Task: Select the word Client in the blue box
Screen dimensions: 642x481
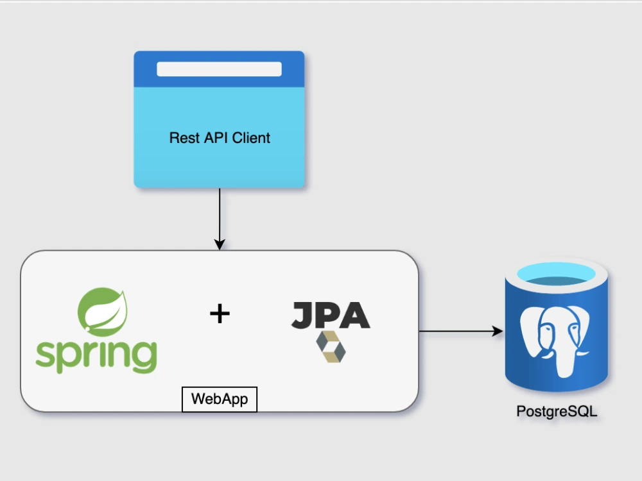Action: (251, 138)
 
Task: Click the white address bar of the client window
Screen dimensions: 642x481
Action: (219, 69)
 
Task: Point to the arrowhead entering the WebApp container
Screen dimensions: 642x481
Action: (220, 244)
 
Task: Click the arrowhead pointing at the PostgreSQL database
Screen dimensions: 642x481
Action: (498, 331)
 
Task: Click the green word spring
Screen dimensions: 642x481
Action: (96, 355)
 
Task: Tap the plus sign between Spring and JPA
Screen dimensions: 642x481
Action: (220, 314)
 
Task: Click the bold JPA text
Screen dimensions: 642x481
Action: (331, 315)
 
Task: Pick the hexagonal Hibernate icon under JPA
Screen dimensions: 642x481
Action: (331, 347)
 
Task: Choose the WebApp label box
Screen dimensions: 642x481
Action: (220, 399)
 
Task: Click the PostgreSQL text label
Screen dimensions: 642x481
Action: (557, 411)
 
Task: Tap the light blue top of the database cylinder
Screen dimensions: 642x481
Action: (556, 274)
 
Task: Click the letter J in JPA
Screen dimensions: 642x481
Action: (303, 316)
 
